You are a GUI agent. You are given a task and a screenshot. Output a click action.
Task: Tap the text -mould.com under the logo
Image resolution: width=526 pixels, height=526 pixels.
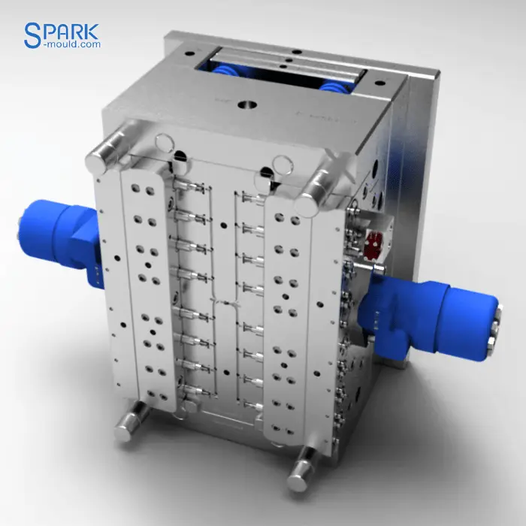click(73, 45)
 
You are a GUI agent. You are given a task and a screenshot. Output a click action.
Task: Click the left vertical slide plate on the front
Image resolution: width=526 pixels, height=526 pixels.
click(140, 286)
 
